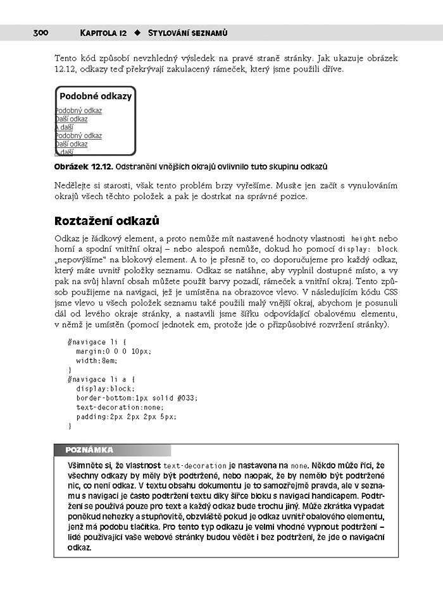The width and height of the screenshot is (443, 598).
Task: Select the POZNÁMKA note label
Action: [89, 450]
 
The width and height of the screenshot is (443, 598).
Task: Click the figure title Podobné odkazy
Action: [96, 97]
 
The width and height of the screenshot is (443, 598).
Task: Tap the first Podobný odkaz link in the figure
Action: [78, 111]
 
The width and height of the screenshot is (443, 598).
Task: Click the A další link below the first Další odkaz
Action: [65, 127]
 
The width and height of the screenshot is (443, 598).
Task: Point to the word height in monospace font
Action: [363, 239]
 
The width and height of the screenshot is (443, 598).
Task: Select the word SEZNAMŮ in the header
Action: [206, 32]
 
